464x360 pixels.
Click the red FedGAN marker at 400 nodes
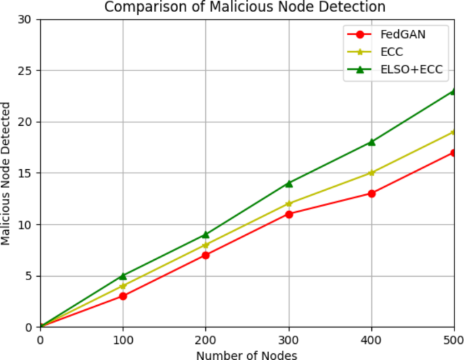[371, 194]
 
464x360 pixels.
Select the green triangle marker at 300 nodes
[289, 183]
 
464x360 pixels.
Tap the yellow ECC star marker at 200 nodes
[206, 245]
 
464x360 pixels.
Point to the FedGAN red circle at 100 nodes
[123, 296]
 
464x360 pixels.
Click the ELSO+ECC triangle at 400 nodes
[371, 142]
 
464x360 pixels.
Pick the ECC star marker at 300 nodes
[289, 204]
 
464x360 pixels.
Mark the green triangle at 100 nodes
[123, 275]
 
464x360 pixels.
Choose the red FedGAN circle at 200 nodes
[206, 255]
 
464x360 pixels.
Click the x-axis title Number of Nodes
[247, 354]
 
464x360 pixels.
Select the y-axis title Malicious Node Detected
[7, 173]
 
